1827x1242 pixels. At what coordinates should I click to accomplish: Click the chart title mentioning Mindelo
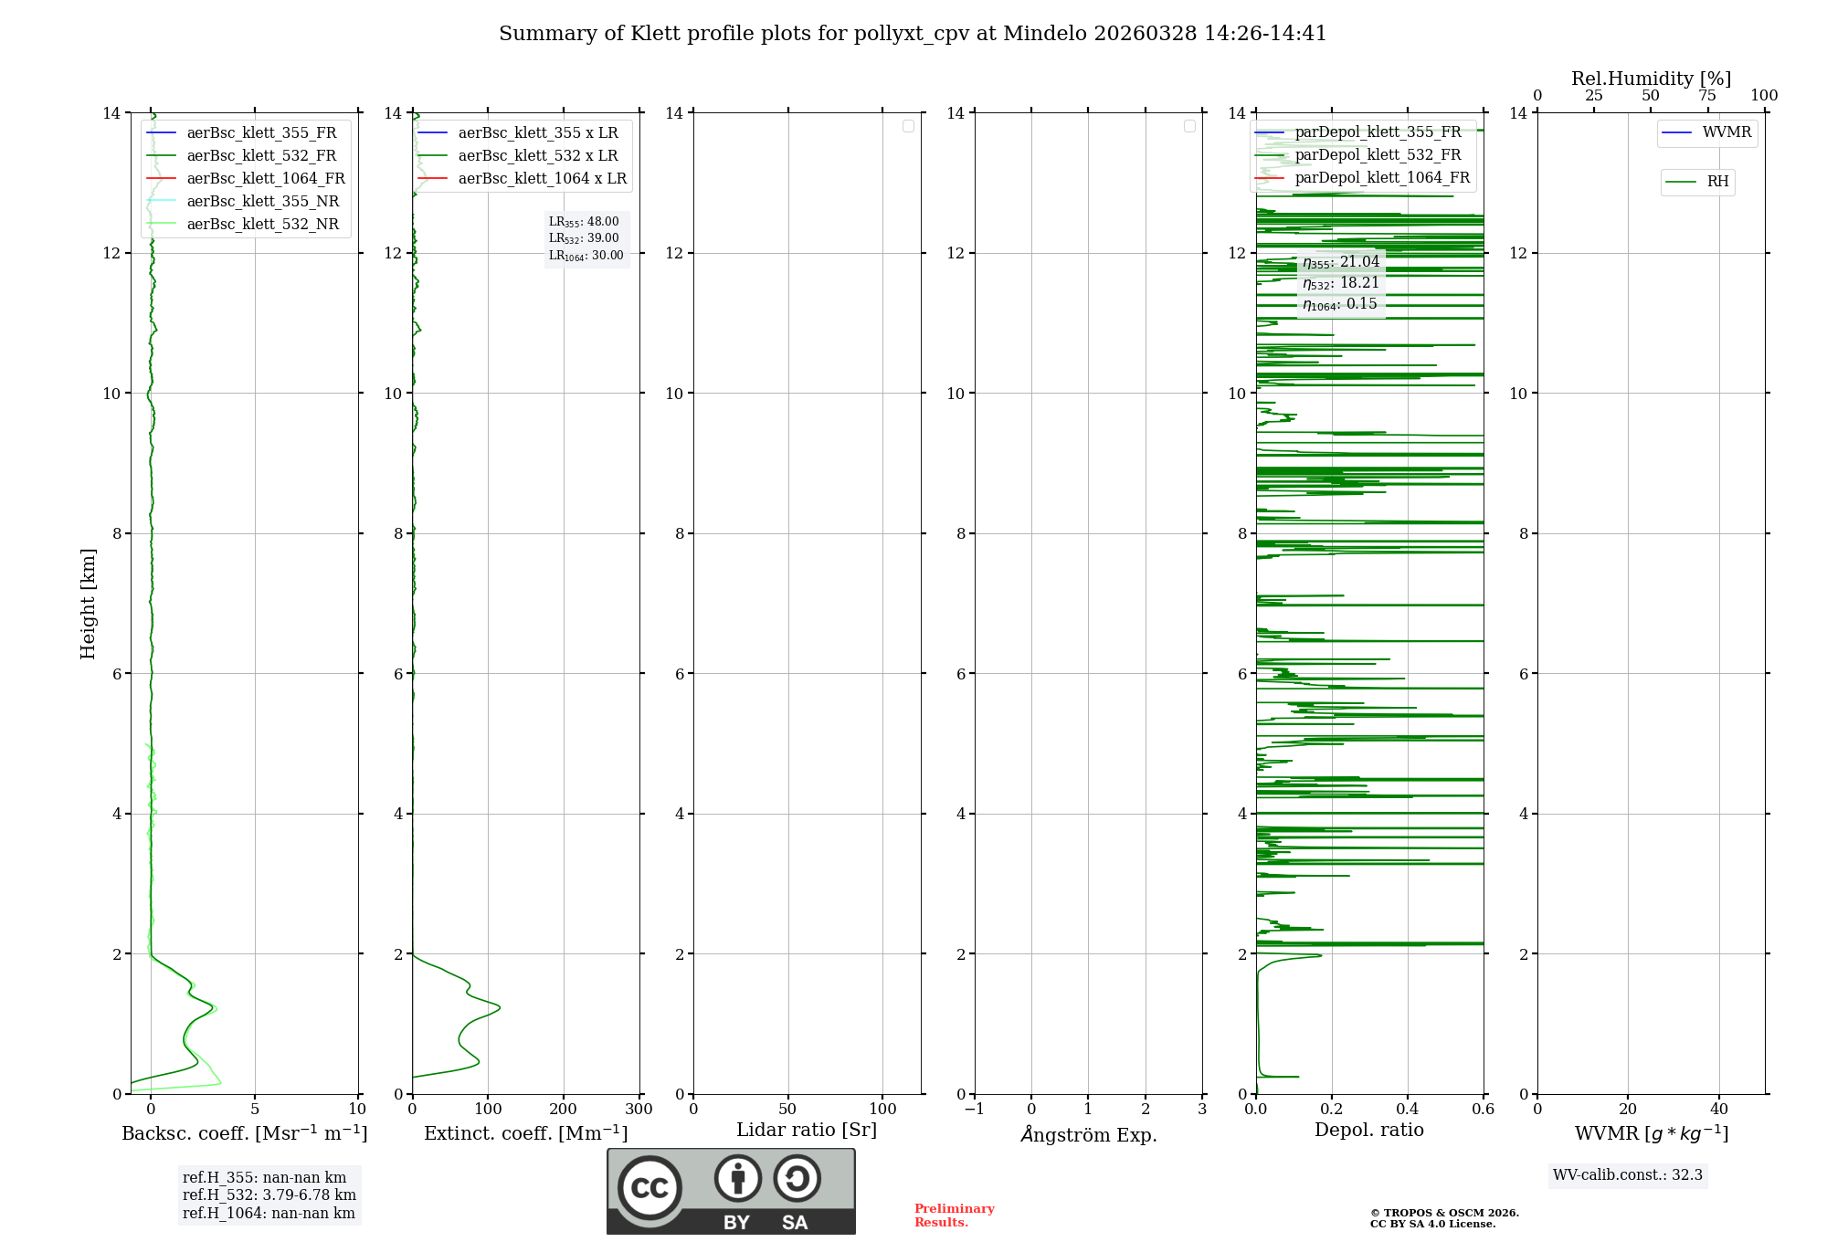coord(912,34)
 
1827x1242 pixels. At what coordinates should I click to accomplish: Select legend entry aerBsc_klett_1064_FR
coord(265,179)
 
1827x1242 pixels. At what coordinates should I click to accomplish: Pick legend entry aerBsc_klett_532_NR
coord(262,225)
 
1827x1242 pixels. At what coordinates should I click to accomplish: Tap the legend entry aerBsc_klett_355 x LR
coord(537,133)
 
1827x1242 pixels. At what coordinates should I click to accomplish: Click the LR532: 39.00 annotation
coord(584,238)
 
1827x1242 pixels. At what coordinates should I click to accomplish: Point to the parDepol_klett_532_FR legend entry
coord(1378,155)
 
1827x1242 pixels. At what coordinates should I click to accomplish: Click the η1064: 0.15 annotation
coord(1340,304)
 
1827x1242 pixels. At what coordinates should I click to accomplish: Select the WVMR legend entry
coord(1727,132)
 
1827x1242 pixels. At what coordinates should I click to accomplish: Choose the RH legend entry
coord(1717,182)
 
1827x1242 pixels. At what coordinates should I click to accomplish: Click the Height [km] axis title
coord(88,604)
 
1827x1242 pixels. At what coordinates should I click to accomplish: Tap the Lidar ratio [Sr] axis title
coord(807,1131)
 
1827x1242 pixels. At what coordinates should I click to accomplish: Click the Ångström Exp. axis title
coord(1089,1135)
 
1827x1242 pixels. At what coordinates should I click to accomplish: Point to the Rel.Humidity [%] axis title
coord(1651,79)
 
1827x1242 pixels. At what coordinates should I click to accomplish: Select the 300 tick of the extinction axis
coord(639,1110)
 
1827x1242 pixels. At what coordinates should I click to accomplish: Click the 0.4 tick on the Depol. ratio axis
coord(1408,1110)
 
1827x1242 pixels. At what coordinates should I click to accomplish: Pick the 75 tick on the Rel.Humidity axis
coord(1707,96)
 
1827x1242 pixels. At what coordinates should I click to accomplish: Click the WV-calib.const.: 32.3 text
coord(1628,1175)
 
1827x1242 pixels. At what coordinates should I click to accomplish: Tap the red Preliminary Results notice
coord(954,1216)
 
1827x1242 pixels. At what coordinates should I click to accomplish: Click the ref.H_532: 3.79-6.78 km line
coord(269,1195)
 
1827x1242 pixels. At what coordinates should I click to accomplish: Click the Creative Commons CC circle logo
coord(649,1188)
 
